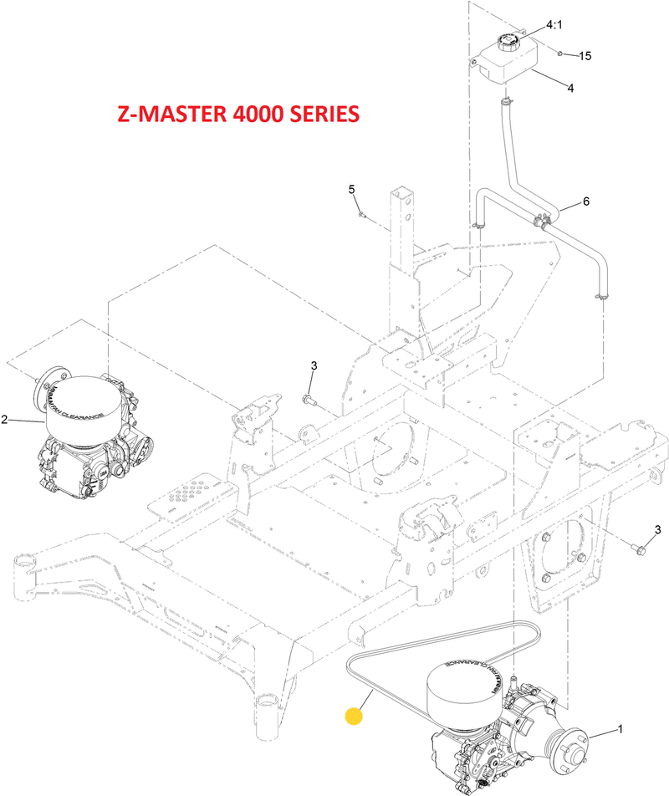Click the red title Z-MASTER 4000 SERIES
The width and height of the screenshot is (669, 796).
point(238,114)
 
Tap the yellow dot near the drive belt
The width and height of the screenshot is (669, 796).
point(355,716)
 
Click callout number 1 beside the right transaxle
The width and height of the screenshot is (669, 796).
point(620,729)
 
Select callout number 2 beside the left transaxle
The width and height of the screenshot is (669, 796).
point(4,420)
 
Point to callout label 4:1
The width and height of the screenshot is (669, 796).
point(554,26)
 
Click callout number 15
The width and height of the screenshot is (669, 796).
point(585,56)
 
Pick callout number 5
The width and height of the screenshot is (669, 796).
point(353,190)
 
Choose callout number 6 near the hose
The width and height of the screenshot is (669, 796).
point(585,202)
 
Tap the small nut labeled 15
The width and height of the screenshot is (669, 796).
point(560,54)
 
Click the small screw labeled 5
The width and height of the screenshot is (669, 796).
point(360,214)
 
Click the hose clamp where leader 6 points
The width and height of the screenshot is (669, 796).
point(543,221)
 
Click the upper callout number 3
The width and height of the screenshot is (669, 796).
point(314,365)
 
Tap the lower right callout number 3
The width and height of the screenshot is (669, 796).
point(657,529)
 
